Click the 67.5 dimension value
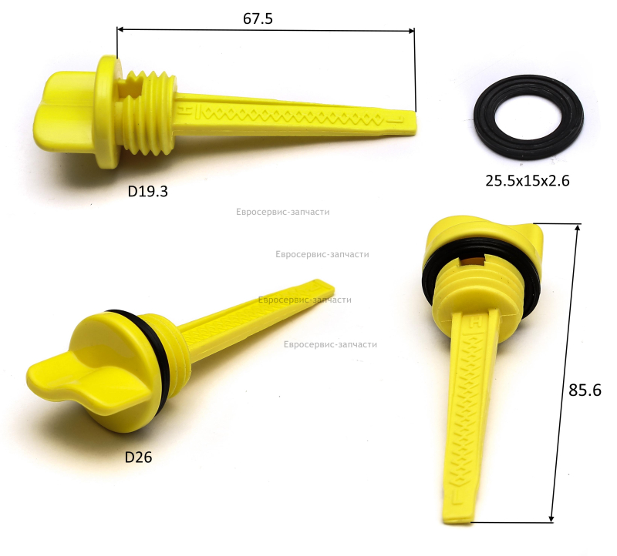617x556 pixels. [258, 18]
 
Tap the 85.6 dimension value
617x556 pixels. [585, 390]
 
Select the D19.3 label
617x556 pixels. [147, 191]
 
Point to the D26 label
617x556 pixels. [138, 457]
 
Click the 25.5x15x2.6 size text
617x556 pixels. [528, 181]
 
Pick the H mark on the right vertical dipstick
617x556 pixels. [477, 322]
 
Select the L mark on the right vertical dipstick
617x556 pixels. [457, 495]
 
